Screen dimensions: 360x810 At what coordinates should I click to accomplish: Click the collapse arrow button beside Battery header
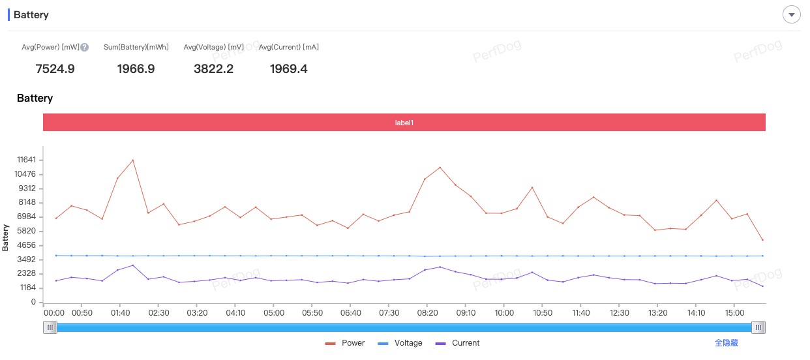click(x=791, y=15)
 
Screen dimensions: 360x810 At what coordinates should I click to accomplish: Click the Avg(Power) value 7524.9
click(x=55, y=69)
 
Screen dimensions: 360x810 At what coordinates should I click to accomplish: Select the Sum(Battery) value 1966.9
click(x=136, y=69)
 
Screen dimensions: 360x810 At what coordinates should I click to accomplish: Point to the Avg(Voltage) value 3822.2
click(x=213, y=69)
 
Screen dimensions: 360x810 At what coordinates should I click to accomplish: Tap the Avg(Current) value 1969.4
click(x=288, y=69)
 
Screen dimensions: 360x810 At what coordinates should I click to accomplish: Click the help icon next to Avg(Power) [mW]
click(x=85, y=47)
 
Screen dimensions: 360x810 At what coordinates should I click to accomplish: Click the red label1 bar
click(x=404, y=123)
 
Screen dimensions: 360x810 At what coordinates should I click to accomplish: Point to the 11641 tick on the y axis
click(x=26, y=160)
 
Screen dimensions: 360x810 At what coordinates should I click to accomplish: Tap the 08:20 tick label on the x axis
click(x=427, y=313)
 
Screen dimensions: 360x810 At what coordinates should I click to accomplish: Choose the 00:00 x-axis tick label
click(x=54, y=313)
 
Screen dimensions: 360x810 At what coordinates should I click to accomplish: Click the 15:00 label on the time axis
click(x=734, y=313)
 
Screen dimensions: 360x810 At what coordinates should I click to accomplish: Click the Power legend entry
click(x=345, y=343)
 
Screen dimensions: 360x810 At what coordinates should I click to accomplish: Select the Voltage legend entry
click(x=400, y=343)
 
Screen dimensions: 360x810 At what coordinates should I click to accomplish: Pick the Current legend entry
click(x=457, y=343)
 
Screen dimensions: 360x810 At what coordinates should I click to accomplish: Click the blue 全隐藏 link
click(x=726, y=343)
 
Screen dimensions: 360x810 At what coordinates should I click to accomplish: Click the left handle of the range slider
click(x=50, y=327)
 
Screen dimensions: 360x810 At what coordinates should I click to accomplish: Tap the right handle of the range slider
click(x=758, y=327)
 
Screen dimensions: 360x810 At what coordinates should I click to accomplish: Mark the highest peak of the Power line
click(x=133, y=160)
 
